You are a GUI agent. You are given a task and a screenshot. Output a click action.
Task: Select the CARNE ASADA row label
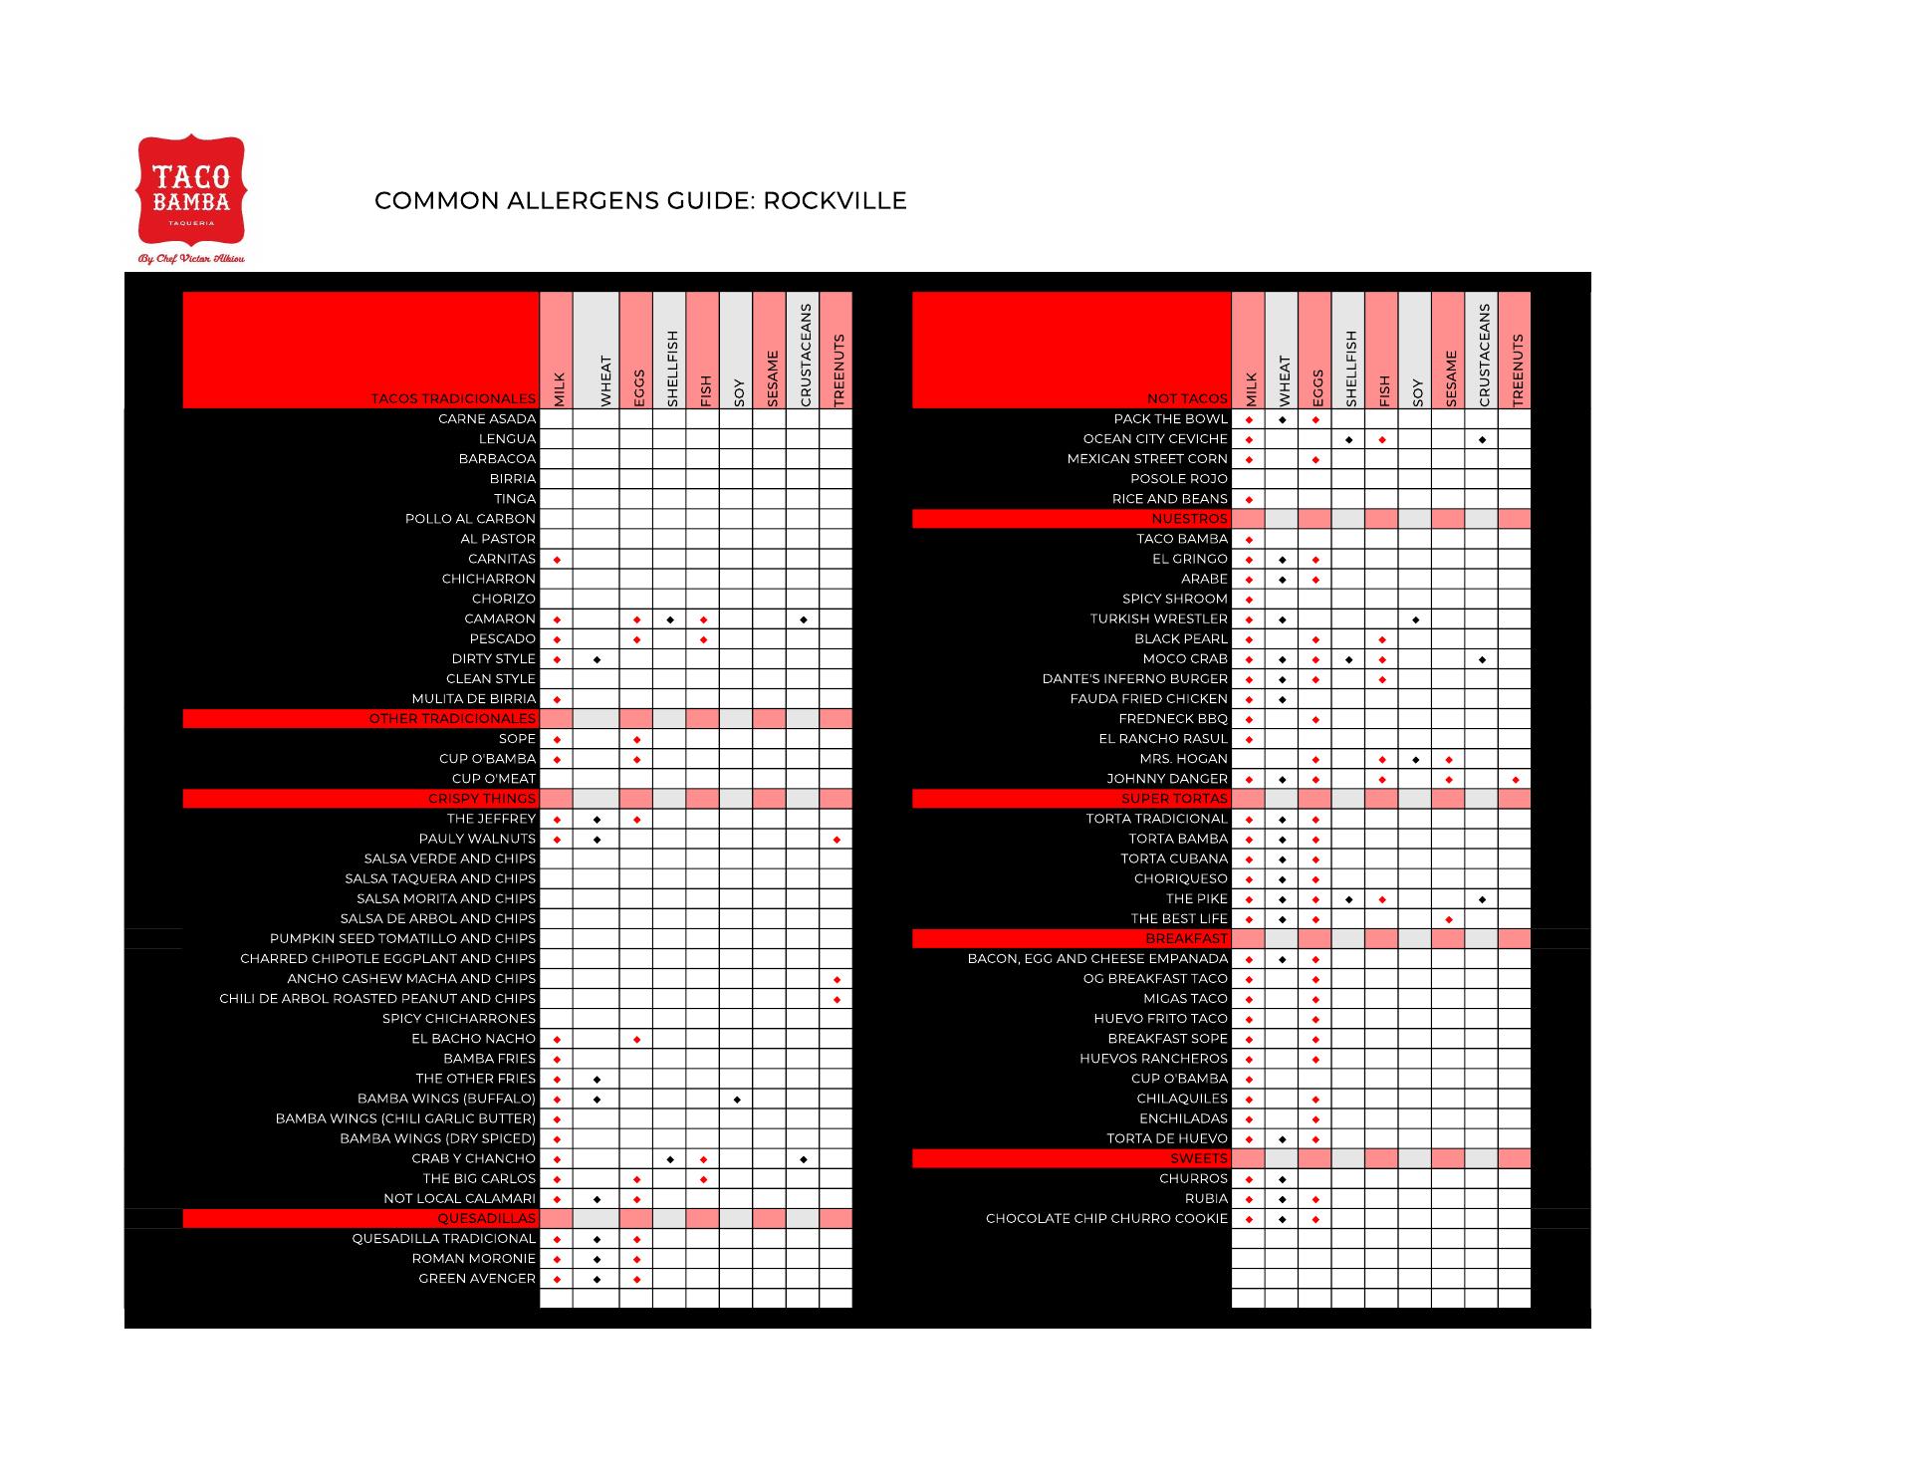coord(487,419)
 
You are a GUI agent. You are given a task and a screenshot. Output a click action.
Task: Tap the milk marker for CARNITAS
coord(557,560)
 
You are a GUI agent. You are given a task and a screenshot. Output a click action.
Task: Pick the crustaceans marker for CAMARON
coord(803,619)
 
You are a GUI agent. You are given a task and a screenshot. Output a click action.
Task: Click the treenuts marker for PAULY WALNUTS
coord(836,840)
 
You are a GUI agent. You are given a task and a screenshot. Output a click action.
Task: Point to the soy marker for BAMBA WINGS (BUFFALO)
coord(737,1100)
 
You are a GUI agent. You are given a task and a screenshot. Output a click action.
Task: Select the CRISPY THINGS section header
coord(482,799)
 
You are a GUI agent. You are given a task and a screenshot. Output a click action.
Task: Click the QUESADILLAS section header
coord(487,1219)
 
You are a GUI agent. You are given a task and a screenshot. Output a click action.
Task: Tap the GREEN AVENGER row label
coord(477,1279)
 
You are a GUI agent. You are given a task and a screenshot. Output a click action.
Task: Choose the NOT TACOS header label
coord(1187,398)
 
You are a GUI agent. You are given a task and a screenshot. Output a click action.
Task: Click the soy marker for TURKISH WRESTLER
coord(1415,619)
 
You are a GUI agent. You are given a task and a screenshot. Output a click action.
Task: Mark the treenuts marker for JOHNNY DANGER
coord(1516,780)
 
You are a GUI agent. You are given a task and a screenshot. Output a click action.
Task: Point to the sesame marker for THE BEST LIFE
coord(1449,919)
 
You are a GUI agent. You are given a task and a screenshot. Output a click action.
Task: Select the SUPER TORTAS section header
coord(1174,799)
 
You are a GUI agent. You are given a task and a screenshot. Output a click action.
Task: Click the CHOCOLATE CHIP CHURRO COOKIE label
coord(1106,1219)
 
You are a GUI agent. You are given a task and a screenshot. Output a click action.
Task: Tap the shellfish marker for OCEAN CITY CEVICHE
coord(1348,440)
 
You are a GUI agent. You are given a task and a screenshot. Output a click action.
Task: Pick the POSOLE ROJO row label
coord(1179,479)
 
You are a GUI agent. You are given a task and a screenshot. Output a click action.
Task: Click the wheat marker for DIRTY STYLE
coord(597,659)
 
